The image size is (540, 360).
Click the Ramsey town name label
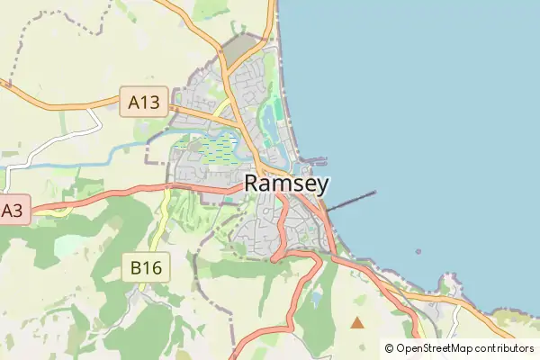coord(286,184)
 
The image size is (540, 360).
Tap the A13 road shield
coord(144,103)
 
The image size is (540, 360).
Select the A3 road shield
coord(12,211)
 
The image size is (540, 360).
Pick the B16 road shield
coord(146,266)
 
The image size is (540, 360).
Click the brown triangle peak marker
coord(357,321)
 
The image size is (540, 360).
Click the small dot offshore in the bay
coord(418,252)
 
